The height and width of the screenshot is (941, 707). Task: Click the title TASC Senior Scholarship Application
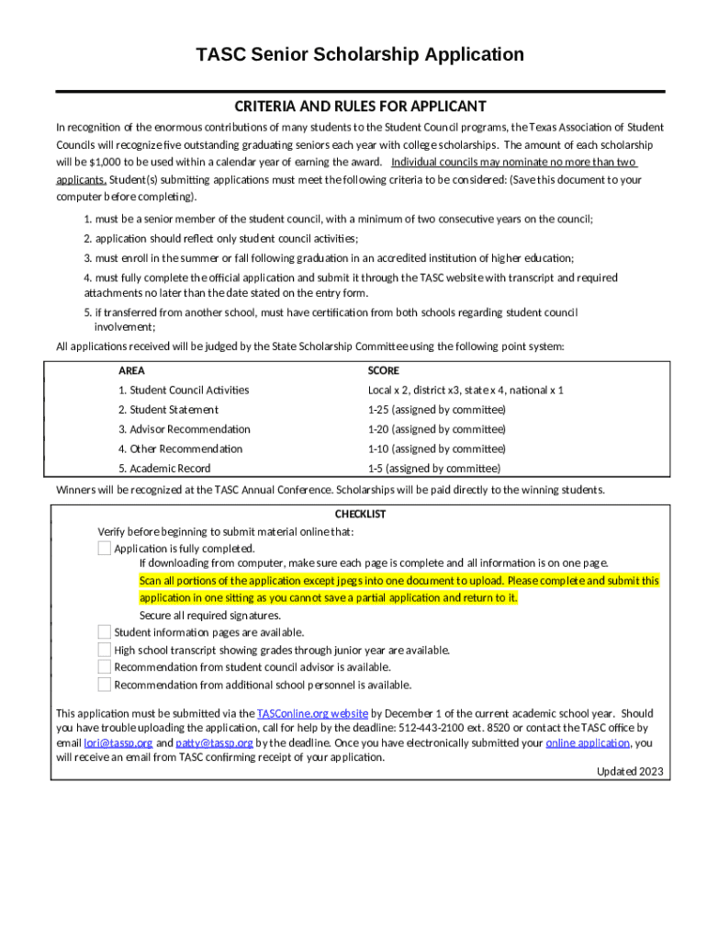tap(360, 55)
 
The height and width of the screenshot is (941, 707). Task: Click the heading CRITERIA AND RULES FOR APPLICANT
tap(360, 107)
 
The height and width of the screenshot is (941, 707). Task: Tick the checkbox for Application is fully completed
tap(105, 549)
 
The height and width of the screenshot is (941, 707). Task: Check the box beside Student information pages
tap(105, 631)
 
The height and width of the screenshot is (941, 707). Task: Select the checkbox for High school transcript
tap(105, 650)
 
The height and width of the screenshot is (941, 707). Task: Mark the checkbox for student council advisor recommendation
tap(105, 666)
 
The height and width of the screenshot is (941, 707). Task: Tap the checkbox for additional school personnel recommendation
tap(105, 685)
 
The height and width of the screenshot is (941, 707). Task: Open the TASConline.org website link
tap(312, 713)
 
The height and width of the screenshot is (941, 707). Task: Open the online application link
tap(588, 743)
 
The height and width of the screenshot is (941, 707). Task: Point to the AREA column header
tap(131, 371)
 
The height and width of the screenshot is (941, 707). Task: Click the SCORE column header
tap(383, 371)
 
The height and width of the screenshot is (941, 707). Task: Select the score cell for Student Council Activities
tap(466, 391)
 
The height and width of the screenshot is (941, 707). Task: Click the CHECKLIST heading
tap(360, 515)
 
